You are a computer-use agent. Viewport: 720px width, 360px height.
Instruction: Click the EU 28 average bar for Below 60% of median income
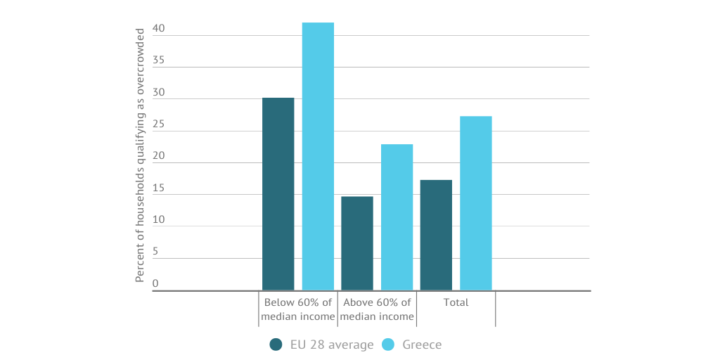click(278, 193)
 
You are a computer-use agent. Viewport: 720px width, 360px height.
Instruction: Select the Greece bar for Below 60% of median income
click(318, 156)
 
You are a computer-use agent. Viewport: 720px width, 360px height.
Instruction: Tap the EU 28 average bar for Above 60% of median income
click(357, 243)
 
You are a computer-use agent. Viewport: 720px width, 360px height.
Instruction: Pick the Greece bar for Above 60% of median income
click(397, 217)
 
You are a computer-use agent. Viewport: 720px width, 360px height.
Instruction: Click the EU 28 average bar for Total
click(436, 235)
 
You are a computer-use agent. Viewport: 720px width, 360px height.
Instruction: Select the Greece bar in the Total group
click(476, 202)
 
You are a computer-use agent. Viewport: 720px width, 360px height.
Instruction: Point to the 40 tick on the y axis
click(158, 29)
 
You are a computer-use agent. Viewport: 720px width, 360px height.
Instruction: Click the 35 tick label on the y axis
click(158, 60)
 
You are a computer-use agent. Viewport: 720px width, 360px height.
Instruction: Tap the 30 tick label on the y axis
click(158, 92)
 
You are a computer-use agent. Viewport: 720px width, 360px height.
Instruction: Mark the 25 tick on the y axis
click(158, 124)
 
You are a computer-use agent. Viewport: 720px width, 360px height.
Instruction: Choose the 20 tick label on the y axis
click(158, 156)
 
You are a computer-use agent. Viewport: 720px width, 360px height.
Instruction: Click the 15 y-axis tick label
click(158, 188)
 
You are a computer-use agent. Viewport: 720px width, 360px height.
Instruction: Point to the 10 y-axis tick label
click(158, 220)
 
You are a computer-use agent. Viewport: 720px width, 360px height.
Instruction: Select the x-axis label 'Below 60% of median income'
click(298, 309)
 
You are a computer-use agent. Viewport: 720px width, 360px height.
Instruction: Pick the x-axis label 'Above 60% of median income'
click(377, 309)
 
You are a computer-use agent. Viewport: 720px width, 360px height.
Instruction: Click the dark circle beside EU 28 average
click(276, 345)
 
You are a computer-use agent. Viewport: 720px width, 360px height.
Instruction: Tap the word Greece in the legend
click(422, 345)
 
